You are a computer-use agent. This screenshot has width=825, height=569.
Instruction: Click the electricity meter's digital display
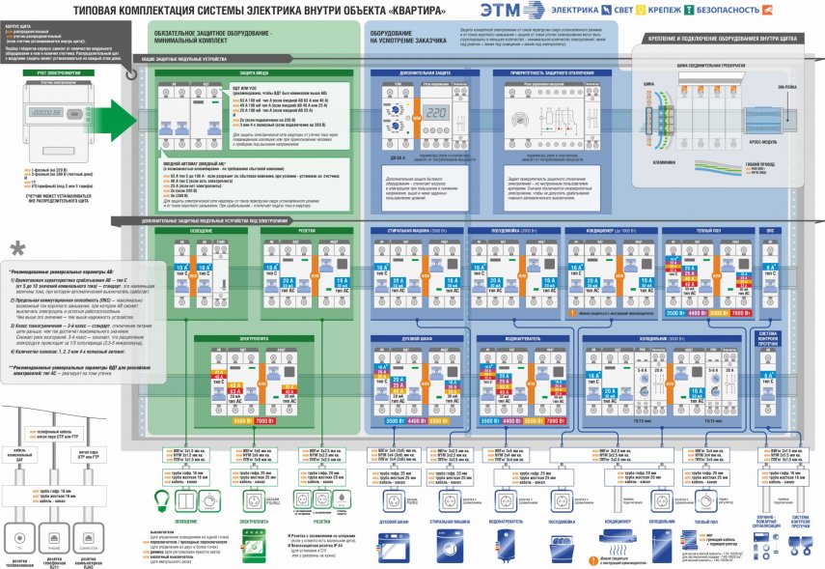[42, 112]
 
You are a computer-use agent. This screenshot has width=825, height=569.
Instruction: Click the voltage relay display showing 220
[435, 110]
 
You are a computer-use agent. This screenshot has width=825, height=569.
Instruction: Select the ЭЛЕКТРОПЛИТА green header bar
[254, 337]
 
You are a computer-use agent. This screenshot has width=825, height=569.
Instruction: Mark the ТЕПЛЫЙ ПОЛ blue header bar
[708, 232]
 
